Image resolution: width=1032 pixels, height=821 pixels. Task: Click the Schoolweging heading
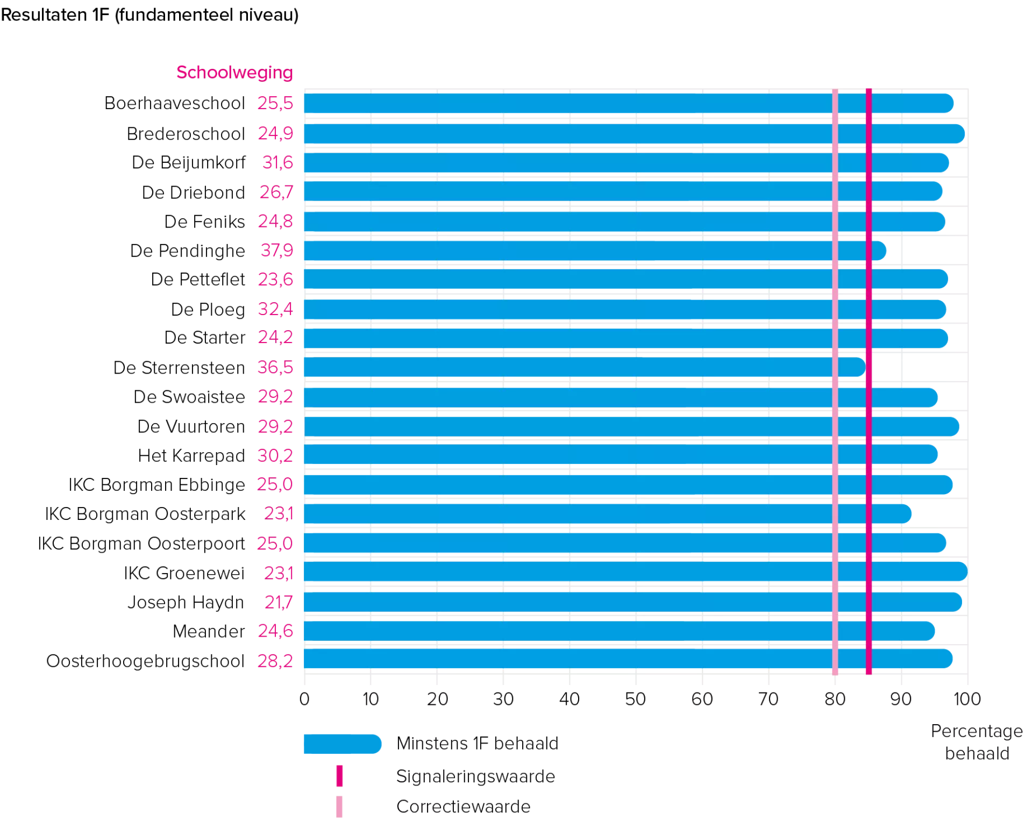[234, 73]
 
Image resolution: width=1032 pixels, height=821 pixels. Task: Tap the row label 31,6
[278, 162]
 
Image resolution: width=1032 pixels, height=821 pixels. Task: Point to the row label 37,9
[276, 251]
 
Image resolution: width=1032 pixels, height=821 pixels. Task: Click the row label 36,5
[274, 368]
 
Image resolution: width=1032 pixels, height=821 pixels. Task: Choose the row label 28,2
[274, 661]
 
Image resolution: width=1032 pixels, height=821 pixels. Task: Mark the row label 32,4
[276, 309]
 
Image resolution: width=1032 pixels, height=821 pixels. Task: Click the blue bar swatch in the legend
[341, 744]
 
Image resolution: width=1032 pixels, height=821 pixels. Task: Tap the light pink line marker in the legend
[339, 808]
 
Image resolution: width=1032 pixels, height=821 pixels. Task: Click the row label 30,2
[274, 456]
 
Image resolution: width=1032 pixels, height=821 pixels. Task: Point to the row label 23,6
[276, 280]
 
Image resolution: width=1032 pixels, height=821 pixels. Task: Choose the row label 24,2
[276, 338]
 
